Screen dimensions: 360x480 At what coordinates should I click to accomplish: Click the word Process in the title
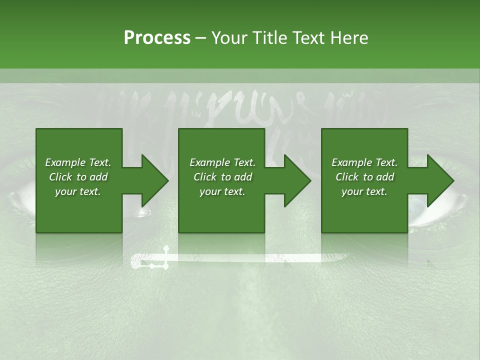pos(157,38)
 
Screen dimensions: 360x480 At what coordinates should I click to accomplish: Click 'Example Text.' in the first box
pos(78,162)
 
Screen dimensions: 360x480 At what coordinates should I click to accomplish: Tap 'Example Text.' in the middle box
pos(222,162)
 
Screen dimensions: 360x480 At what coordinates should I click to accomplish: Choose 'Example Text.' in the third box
pos(364,162)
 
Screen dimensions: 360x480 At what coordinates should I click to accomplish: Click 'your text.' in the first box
pos(78,191)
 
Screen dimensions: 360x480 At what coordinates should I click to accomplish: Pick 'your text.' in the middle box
pos(222,191)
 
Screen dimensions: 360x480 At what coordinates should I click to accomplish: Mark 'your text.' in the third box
pos(364,191)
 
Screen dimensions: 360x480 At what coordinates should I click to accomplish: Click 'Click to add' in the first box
pos(78,177)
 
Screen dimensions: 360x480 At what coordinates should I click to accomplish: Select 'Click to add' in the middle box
pos(222,177)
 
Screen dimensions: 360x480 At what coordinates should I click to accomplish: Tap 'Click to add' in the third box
pos(364,177)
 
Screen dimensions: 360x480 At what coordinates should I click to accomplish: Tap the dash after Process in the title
pos(201,38)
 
